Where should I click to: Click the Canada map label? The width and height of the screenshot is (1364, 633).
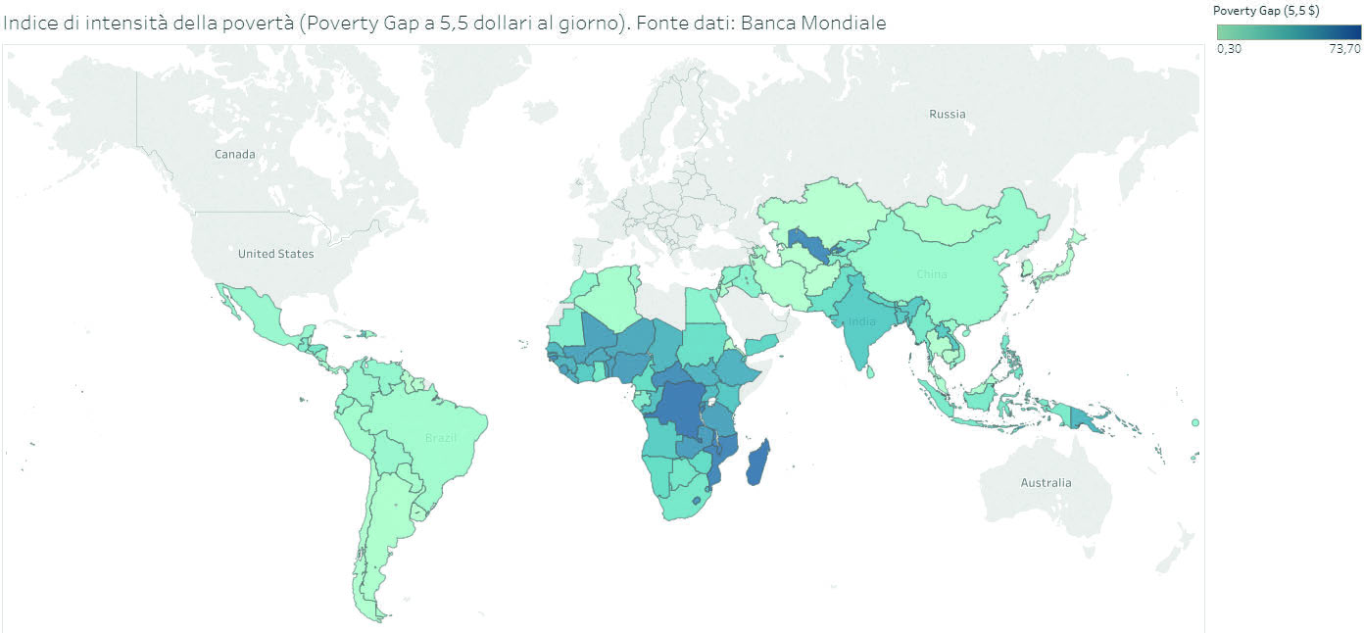[235, 154]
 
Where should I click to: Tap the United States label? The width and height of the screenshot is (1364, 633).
[276, 254]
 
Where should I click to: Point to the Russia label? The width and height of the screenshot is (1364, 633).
[947, 114]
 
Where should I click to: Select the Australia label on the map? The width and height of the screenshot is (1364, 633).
[1046, 482]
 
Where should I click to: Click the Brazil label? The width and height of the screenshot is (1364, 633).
[441, 437]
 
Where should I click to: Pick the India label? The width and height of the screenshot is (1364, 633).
[861, 321]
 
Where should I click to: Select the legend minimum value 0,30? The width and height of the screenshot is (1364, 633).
[1229, 50]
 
